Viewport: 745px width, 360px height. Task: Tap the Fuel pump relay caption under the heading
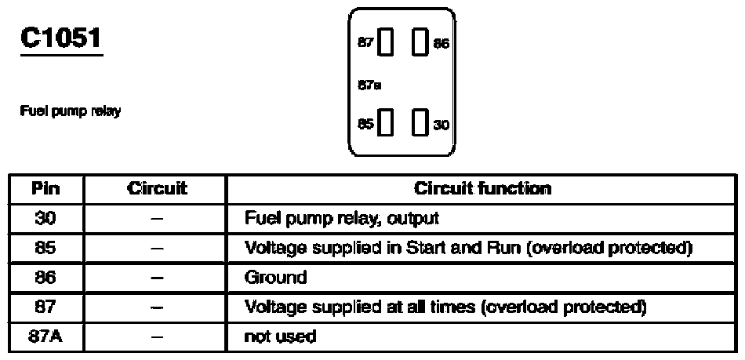coord(70,111)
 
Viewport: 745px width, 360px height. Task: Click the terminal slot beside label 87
coord(385,42)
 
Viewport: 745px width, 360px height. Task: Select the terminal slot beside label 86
coord(419,42)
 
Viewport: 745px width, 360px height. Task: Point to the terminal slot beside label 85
coord(385,122)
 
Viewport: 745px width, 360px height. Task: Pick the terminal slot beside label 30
coord(419,122)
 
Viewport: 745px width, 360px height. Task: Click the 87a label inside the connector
coord(369,85)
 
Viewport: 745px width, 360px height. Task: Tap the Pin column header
coord(45,188)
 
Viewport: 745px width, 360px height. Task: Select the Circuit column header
coord(156,188)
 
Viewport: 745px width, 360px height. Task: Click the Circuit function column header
coord(482,188)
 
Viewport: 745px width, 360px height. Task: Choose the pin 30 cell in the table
coord(45,218)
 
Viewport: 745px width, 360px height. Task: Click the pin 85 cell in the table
coord(45,247)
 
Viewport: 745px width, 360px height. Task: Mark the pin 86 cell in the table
coord(45,277)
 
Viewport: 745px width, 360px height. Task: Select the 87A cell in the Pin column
coord(45,336)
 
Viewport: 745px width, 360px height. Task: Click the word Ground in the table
coord(275,277)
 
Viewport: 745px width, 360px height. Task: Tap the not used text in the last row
coord(280,336)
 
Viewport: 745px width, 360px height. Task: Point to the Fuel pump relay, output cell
coord(342,219)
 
